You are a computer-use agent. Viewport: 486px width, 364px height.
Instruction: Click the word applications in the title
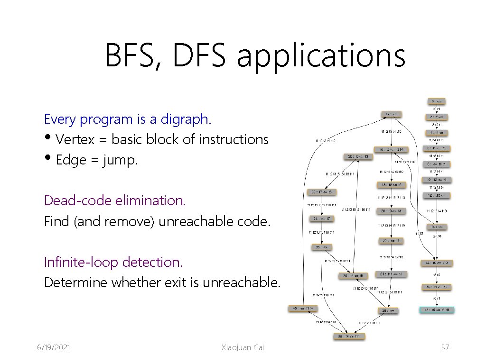pos(321,55)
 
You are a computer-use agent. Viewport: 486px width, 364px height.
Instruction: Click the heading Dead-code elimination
pos(115,200)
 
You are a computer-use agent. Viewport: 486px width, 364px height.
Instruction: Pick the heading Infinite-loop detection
pos(113,262)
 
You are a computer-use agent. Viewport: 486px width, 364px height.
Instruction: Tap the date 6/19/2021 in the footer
pos(54,348)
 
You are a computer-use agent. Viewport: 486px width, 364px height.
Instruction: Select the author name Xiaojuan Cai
pos(243,348)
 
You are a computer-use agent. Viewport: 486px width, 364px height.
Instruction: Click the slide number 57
pos(445,348)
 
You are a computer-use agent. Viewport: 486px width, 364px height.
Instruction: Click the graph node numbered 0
pos(437,101)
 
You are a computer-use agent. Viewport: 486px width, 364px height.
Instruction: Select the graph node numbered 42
pos(392,114)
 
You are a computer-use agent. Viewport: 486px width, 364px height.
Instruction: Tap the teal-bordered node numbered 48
pos(437,310)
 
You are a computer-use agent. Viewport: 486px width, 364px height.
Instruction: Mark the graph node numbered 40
pos(303,309)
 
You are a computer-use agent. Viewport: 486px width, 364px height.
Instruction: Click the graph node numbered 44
pos(437,263)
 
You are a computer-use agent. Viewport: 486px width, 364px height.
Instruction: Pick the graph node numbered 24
pos(391,274)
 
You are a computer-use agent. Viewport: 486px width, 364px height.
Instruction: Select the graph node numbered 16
pos(391,149)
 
